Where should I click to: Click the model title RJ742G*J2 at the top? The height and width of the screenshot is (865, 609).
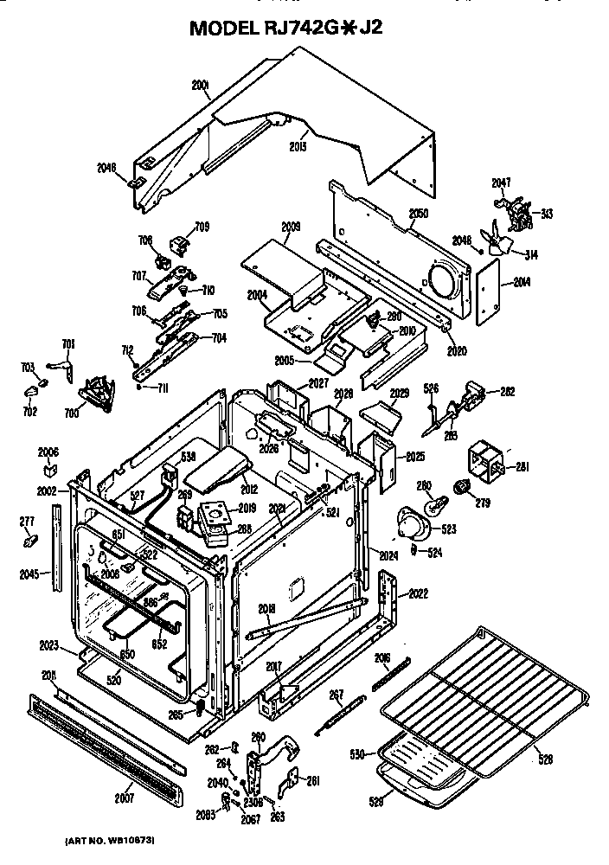click(285, 28)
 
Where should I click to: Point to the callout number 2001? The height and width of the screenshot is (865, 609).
click(201, 85)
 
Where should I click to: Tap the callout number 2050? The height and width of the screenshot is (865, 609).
click(419, 213)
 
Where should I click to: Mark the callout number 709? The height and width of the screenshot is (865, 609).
click(202, 227)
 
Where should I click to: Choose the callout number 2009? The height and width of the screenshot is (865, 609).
click(291, 227)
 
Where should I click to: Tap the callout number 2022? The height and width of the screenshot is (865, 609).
click(419, 593)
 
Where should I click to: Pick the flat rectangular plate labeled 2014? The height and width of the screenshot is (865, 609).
click(489, 290)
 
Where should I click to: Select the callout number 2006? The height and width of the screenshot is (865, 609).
click(48, 452)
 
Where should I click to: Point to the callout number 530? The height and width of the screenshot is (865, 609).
click(356, 755)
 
